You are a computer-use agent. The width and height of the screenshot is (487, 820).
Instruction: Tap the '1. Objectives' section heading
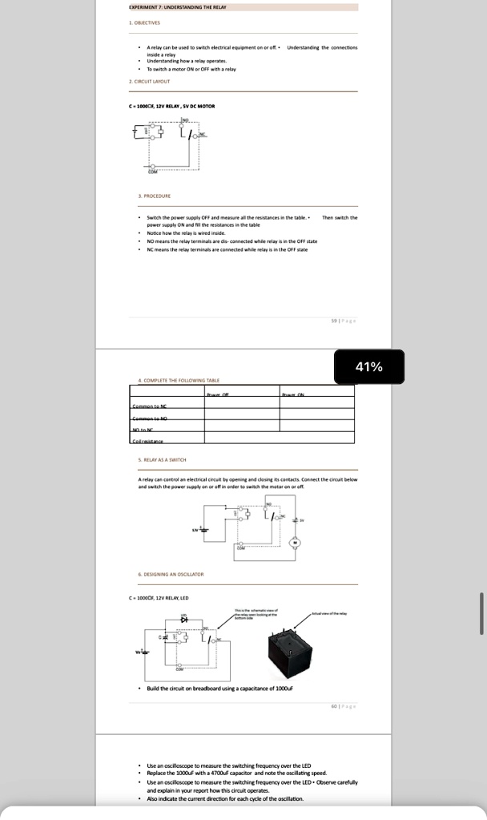point(147,22)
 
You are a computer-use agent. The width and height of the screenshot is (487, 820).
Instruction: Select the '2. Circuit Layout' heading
point(150,81)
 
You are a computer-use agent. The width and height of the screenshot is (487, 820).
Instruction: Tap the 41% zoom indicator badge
point(369,367)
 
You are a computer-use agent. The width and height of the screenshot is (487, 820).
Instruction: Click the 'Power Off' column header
point(218,394)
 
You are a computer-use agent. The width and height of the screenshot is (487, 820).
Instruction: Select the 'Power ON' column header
point(292,394)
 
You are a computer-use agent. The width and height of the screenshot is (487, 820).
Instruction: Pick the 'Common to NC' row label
point(150,407)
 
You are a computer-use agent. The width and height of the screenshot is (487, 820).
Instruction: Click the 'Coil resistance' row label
point(148,441)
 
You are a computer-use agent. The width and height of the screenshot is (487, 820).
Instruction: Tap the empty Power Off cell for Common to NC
point(241,407)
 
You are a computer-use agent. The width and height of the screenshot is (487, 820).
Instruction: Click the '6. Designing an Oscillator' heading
point(171,574)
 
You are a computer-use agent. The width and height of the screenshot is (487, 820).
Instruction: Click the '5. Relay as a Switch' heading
point(163,459)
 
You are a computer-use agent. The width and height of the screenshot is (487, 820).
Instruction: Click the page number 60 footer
point(342,706)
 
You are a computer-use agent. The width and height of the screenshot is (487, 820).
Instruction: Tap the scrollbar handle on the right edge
point(481,612)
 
